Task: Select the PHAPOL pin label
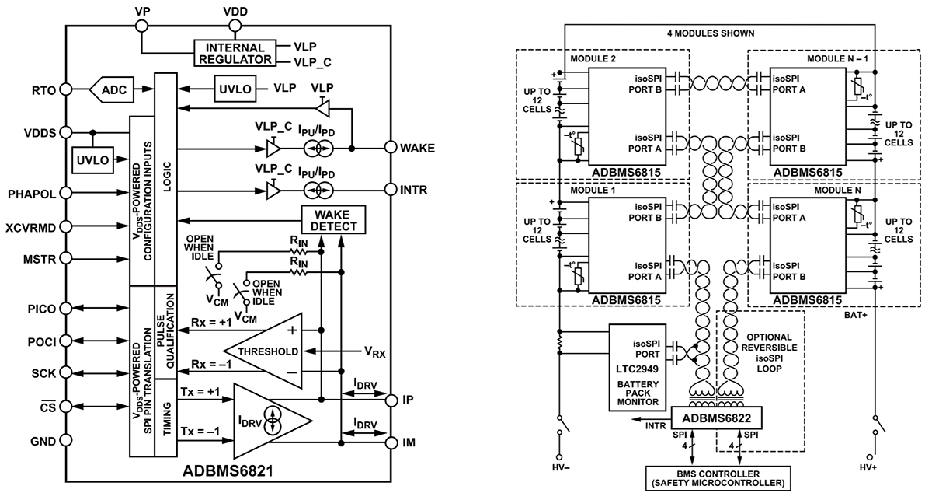(x=31, y=194)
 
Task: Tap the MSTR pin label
(x=38, y=259)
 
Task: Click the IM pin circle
(x=392, y=442)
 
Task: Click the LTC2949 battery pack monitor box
(x=637, y=368)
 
